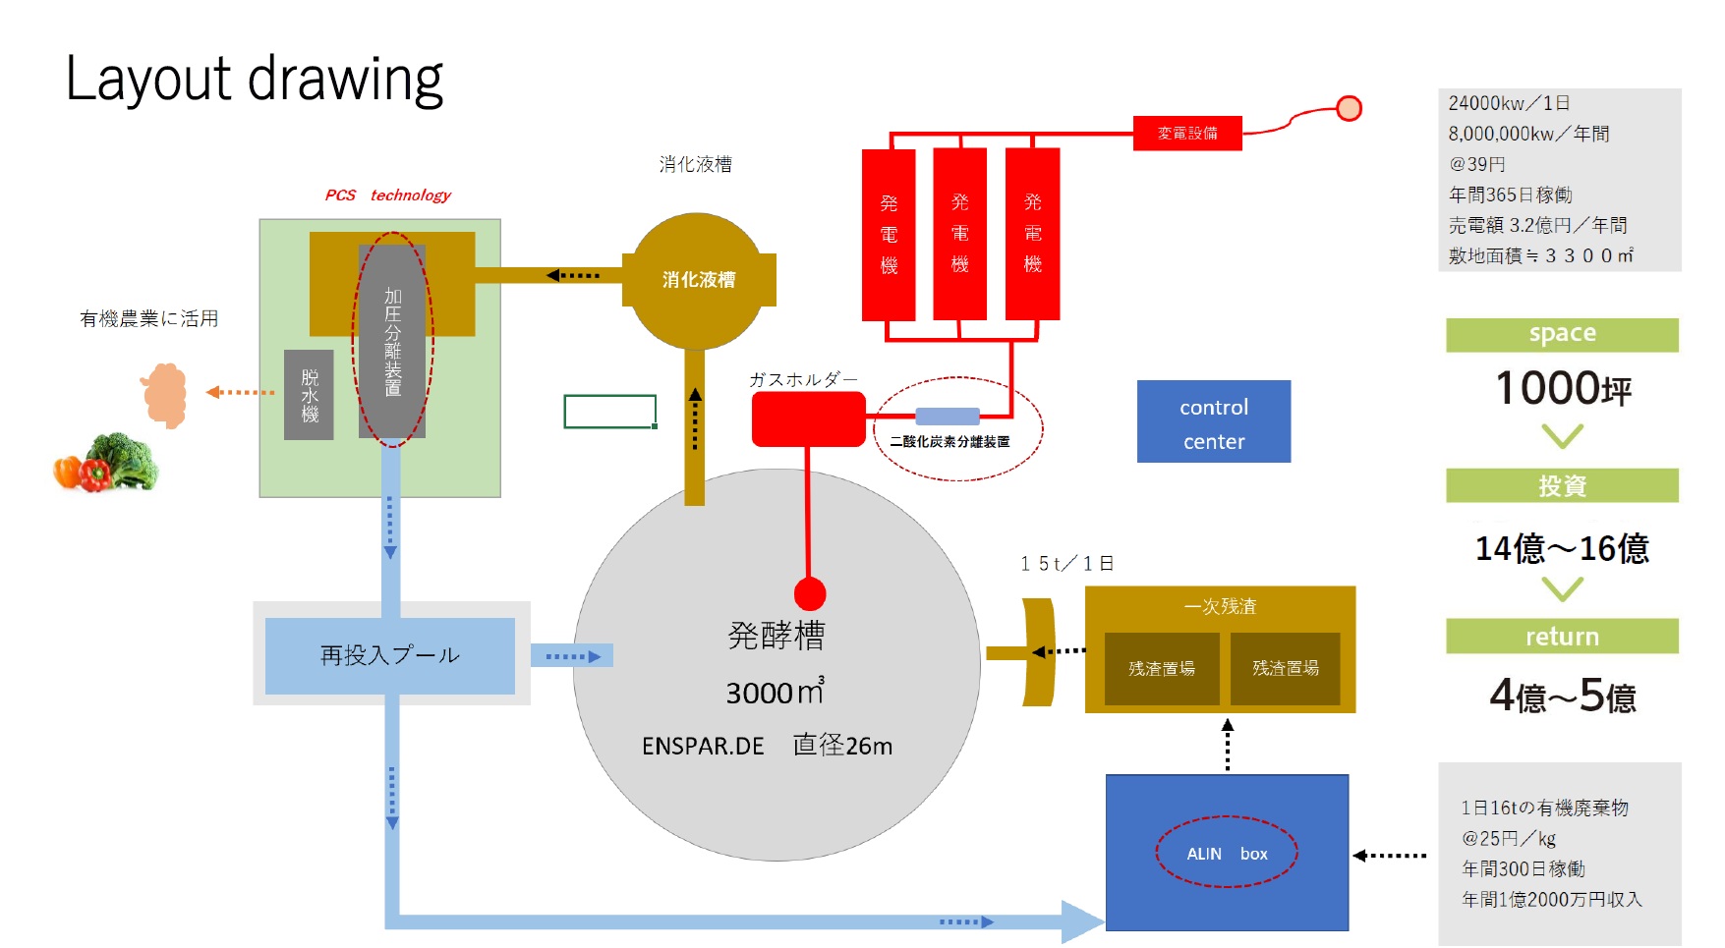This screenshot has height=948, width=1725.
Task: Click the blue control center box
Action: click(1213, 421)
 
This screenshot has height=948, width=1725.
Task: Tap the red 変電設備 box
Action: click(1186, 133)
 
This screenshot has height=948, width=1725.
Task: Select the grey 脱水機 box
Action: click(309, 395)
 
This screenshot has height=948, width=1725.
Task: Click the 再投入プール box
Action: click(389, 655)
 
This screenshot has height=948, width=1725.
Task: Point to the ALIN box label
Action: click(1227, 854)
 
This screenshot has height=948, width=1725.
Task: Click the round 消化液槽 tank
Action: click(697, 280)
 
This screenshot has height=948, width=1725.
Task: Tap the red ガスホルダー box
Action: click(808, 419)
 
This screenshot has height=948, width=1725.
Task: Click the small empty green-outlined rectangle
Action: click(609, 412)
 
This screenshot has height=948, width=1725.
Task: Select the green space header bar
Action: click(1561, 334)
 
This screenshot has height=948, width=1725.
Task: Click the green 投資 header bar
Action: click(1561, 485)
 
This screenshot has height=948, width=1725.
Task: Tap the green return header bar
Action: click(1561, 637)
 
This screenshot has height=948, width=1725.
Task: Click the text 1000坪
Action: click(1562, 389)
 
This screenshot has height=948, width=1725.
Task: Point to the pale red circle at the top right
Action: click(1350, 108)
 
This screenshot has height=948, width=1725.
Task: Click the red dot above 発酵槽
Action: click(809, 593)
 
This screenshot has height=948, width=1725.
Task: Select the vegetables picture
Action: click(106, 463)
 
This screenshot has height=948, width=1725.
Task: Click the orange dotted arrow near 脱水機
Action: click(240, 392)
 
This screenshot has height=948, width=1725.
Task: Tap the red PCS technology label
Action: click(387, 195)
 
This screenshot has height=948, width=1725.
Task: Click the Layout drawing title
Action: click(255, 80)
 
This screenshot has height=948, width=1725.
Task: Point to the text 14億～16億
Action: click(1561, 548)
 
